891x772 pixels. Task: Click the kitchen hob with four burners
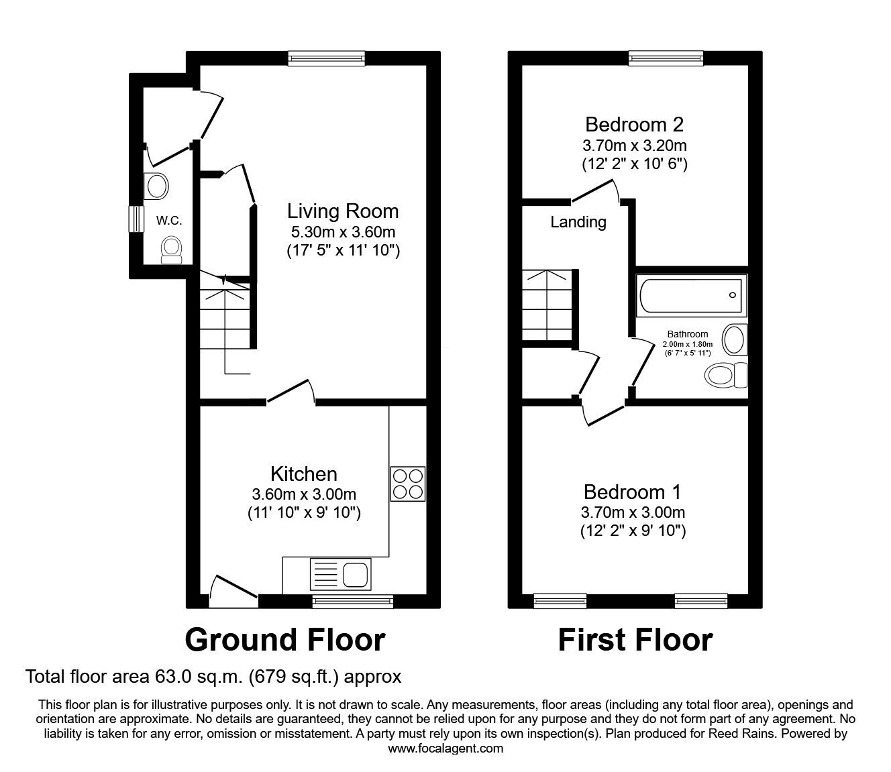pyautogui.click(x=408, y=484)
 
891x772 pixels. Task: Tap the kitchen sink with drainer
pyautogui.click(x=341, y=574)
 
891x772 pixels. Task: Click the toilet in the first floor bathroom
pyautogui.click(x=726, y=375)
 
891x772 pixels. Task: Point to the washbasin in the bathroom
pyautogui.click(x=735, y=340)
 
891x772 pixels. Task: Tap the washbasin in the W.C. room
pyautogui.click(x=156, y=186)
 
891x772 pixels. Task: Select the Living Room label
pyautogui.click(x=343, y=211)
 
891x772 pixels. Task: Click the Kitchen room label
pyautogui.click(x=304, y=474)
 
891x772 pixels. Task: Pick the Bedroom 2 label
pyautogui.click(x=635, y=125)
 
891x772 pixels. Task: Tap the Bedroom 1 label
pyautogui.click(x=633, y=492)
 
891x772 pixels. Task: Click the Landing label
pyautogui.click(x=578, y=222)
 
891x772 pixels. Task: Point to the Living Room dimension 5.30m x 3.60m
pyautogui.click(x=343, y=232)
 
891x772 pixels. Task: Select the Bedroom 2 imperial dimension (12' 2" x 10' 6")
pyautogui.click(x=635, y=164)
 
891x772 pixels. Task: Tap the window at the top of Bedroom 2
pyautogui.click(x=666, y=58)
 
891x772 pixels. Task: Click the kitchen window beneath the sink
pyautogui.click(x=353, y=602)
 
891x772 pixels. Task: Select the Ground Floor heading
pyautogui.click(x=285, y=640)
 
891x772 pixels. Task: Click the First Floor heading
pyautogui.click(x=635, y=640)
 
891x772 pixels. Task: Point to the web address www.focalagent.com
pyautogui.click(x=445, y=749)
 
